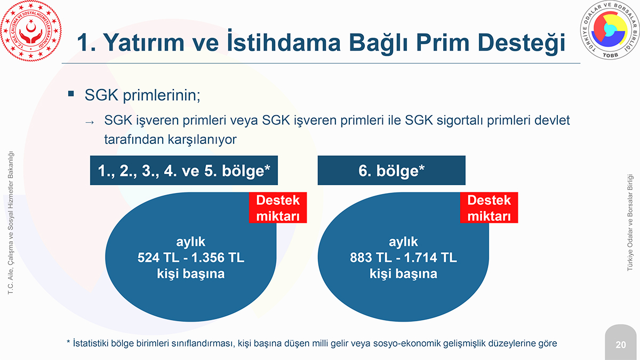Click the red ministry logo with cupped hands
click(x=31, y=31)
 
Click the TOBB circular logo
click(x=610, y=30)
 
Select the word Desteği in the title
click(x=521, y=43)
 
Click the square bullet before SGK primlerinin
click(x=71, y=94)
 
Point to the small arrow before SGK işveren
click(x=90, y=122)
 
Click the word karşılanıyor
click(x=202, y=139)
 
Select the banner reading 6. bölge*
click(x=391, y=170)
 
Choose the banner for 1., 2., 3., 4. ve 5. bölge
click(x=183, y=170)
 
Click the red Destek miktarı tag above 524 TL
click(x=278, y=207)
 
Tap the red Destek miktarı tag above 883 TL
click(x=489, y=207)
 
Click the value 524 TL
click(x=158, y=258)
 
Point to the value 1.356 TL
click(x=218, y=258)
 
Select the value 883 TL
click(x=371, y=258)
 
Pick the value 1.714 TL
click(x=430, y=258)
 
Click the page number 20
click(x=621, y=345)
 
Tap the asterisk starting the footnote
click(x=68, y=342)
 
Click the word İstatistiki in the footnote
click(x=90, y=343)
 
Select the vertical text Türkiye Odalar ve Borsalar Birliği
click(x=630, y=222)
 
